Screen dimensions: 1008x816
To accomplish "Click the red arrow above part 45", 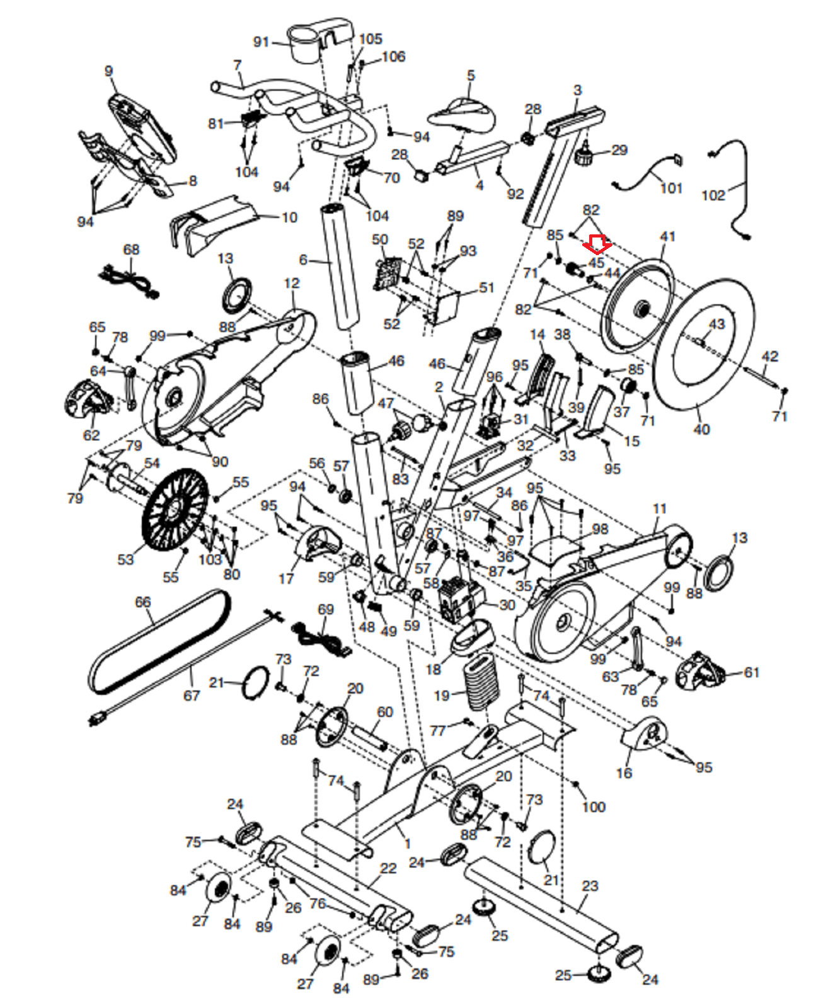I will [x=596, y=243].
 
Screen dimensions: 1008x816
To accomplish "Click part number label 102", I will [x=713, y=195].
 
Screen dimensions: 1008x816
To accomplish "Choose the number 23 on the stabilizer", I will [x=589, y=886].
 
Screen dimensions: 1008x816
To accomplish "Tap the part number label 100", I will [x=593, y=806].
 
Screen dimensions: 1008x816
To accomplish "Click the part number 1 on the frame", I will [x=408, y=843].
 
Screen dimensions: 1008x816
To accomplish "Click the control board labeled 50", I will [x=388, y=272].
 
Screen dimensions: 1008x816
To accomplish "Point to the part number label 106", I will [x=393, y=57].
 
